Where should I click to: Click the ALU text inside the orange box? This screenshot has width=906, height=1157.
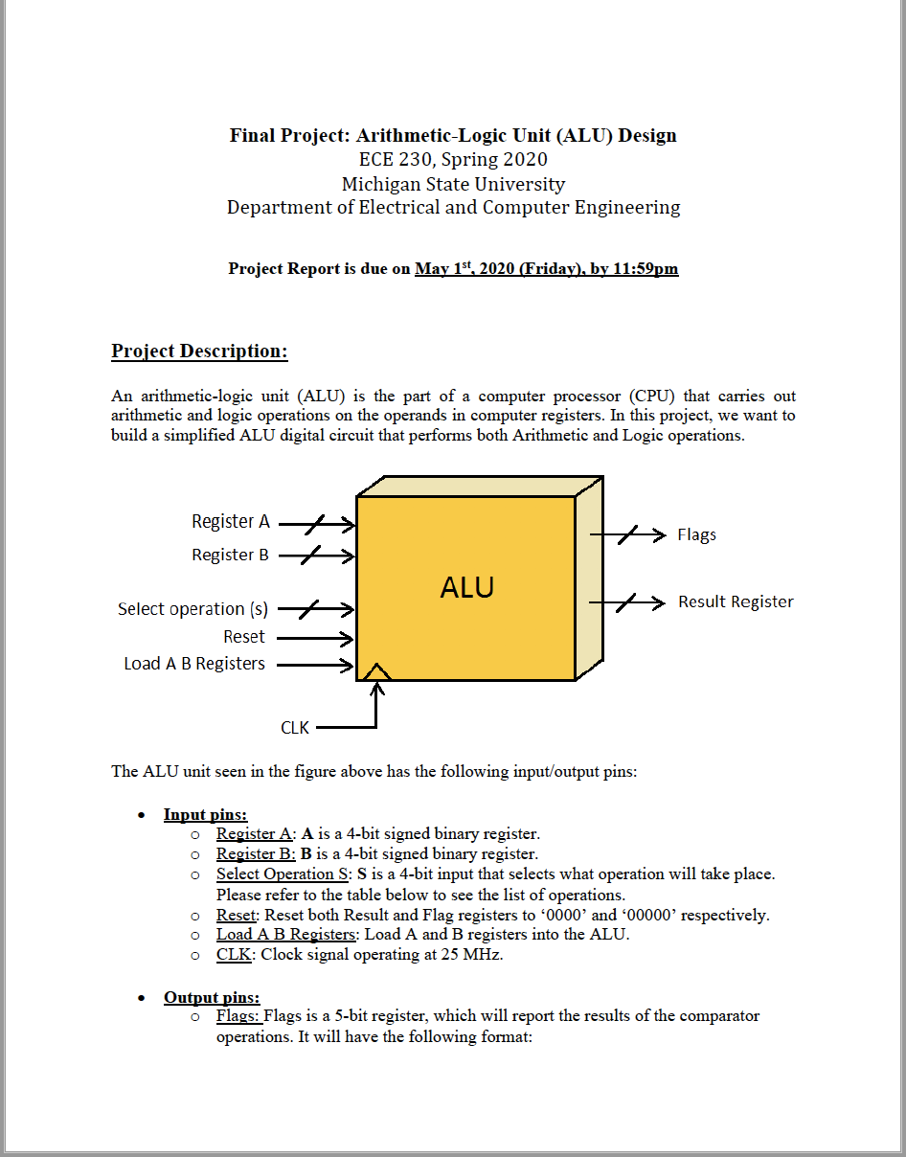click(x=466, y=587)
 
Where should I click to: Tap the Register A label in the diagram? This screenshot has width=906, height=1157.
click(x=231, y=522)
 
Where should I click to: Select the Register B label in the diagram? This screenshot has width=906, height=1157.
click(x=230, y=555)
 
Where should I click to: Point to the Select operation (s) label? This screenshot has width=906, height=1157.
click(x=193, y=609)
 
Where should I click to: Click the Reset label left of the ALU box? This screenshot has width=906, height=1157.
click(x=244, y=637)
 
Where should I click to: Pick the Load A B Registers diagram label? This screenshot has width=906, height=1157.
click(x=194, y=664)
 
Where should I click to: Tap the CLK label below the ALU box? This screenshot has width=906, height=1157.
click(x=295, y=728)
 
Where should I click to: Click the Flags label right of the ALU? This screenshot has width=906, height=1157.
click(x=696, y=534)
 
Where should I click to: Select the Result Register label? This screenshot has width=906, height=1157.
click(x=736, y=601)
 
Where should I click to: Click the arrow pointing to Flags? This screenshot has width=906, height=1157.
click(x=627, y=534)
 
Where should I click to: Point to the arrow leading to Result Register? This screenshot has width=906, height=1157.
click(x=626, y=602)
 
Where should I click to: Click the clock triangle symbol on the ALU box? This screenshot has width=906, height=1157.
click(x=376, y=671)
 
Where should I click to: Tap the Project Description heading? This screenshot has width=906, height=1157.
click(x=199, y=351)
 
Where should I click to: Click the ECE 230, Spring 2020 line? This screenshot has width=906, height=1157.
click(x=453, y=160)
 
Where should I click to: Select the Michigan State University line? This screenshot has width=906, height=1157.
click(x=453, y=184)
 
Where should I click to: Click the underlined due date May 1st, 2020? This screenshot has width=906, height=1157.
click(x=546, y=268)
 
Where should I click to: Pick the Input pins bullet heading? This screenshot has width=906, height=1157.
click(x=205, y=814)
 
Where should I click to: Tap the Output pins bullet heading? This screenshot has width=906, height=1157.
click(x=212, y=997)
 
